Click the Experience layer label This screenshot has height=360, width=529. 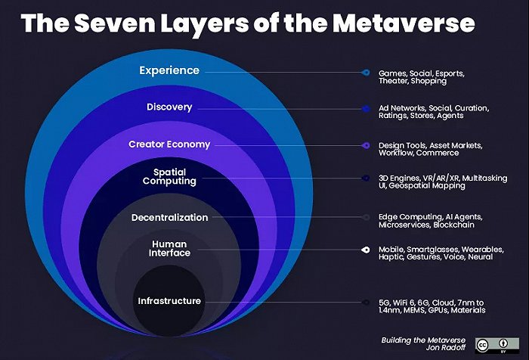click(x=169, y=70)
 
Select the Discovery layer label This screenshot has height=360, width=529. click(x=169, y=107)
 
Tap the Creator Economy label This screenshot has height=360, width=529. click(x=169, y=144)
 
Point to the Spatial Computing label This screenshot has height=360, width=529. click(x=169, y=177)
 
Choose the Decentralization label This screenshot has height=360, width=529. click(x=169, y=217)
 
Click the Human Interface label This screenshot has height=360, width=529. click(x=169, y=249)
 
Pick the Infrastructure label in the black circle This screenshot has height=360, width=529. click(x=169, y=301)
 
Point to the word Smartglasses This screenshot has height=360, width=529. click(x=434, y=249)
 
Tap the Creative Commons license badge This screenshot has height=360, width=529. click(x=491, y=345)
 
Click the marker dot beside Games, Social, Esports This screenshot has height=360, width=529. click(x=365, y=73)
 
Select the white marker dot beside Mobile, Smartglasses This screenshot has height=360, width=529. click(x=365, y=249)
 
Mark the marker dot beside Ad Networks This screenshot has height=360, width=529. click(x=365, y=108)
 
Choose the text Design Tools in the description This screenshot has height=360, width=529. click(x=404, y=144)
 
